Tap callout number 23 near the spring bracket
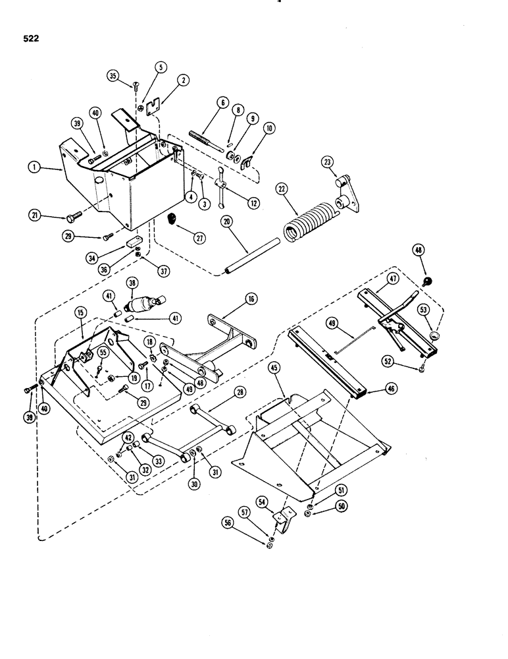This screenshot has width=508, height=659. click(x=328, y=162)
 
